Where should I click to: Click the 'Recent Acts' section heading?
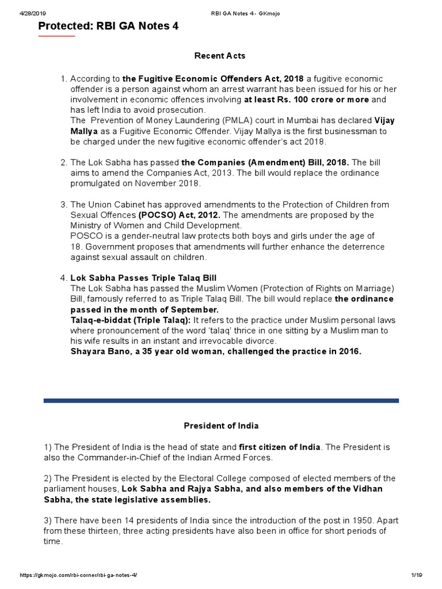220,56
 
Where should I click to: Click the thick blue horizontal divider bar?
221,400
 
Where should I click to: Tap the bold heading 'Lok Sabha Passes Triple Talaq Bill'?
143,278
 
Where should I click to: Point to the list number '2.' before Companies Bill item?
64,163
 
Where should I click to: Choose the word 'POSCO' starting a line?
84,236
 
